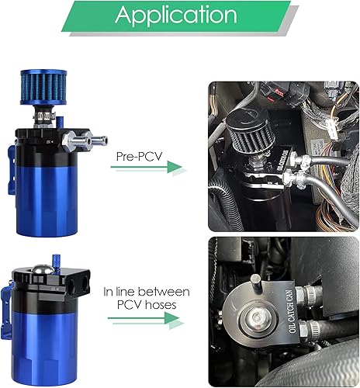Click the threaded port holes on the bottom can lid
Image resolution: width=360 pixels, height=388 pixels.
point(75,292)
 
